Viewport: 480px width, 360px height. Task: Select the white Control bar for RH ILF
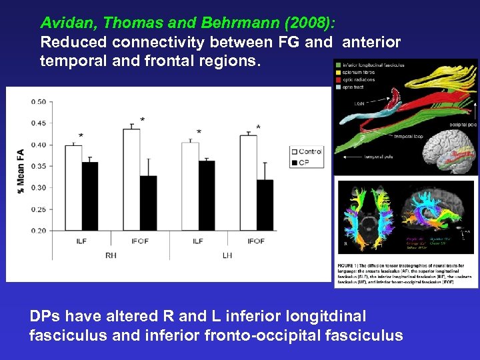[x=73, y=187]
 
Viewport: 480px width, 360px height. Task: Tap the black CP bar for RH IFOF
[x=148, y=203]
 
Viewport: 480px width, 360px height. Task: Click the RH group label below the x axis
[x=111, y=255]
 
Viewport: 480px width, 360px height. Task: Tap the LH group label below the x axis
[x=227, y=255]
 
